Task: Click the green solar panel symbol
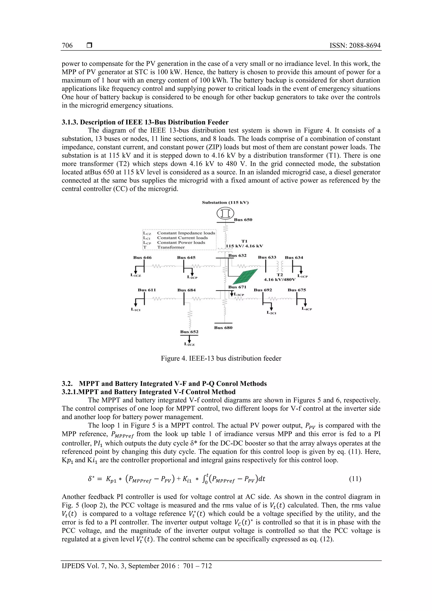click(x=245, y=277)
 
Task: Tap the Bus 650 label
click(x=243, y=220)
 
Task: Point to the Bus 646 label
click(x=142, y=258)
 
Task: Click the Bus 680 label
click(x=223, y=328)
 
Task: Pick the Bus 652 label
click(x=189, y=332)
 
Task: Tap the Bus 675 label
click(x=297, y=290)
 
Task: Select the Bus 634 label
click(x=294, y=258)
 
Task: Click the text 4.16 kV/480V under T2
click(x=279, y=280)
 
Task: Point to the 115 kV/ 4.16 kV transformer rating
click(x=244, y=246)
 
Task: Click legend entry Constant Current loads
click(x=182, y=238)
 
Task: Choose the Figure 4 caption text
click(x=221, y=359)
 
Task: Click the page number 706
click(x=67, y=46)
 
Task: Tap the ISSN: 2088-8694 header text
click(x=355, y=46)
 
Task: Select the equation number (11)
click(x=355, y=479)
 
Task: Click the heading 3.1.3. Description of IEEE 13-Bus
click(x=145, y=122)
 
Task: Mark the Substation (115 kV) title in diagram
click(x=225, y=202)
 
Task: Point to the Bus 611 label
click(x=147, y=290)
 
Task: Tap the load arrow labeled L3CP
click(x=232, y=294)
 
